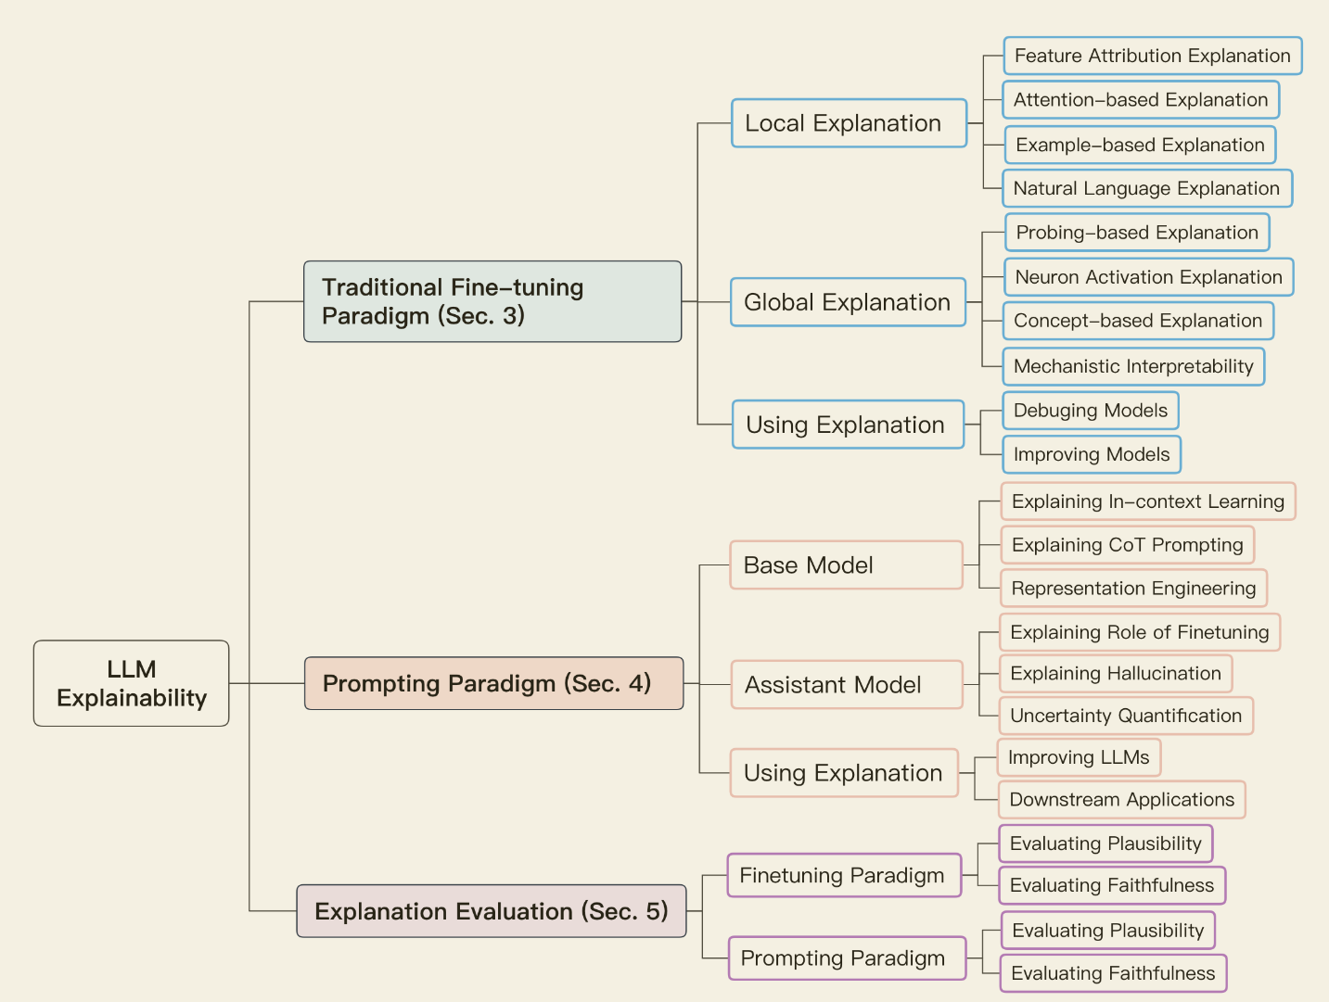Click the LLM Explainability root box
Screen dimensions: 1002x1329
tap(131, 683)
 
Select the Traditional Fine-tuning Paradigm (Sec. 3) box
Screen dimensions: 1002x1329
tap(492, 301)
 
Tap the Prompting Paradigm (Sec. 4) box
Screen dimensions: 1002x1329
tap(493, 683)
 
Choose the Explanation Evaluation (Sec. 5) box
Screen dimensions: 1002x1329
tap(492, 911)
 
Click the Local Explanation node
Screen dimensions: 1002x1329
tap(849, 123)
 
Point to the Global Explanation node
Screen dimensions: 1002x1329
tap(848, 302)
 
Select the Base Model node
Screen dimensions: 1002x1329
tap(846, 565)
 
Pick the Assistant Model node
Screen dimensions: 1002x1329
tap(846, 685)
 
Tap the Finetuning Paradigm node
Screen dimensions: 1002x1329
tap(844, 875)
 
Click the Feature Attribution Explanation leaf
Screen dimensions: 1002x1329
tap(1153, 56)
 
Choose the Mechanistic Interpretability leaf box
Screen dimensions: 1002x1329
tap(1133, 366)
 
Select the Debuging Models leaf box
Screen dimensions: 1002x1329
tap(1091, 411)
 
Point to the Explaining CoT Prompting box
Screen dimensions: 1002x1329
tap(1128, 545)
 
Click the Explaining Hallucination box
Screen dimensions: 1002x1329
tap(1116, 674)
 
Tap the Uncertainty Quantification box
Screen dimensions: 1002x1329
tap(1126, 716)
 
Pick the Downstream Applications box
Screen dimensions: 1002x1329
tap(1122, 800)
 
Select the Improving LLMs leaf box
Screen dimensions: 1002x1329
tap(1079, 757)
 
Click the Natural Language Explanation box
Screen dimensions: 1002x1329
tap(1147, 188)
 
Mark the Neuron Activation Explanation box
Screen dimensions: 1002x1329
tap(1149, 277)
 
